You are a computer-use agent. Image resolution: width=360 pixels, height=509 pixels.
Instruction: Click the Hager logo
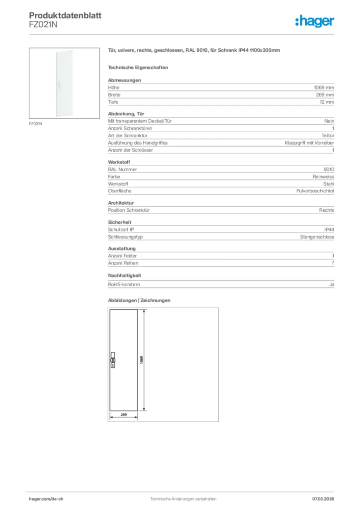[315, 21]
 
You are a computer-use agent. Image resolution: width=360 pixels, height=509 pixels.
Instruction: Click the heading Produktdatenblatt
[65, 16]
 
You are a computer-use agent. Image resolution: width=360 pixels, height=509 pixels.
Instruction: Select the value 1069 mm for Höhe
[324, 87]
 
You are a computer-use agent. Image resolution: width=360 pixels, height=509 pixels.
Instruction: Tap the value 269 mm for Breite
[325, 94]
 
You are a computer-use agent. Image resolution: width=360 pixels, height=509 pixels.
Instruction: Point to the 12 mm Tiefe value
[327, 102]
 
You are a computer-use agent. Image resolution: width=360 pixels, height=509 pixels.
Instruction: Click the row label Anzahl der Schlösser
[130, 150]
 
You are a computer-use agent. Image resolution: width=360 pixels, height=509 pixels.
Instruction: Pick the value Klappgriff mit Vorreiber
[309, 143]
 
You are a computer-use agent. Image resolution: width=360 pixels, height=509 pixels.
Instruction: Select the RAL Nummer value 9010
[329, 169]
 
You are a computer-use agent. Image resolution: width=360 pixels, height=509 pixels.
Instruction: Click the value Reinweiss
[323, 176]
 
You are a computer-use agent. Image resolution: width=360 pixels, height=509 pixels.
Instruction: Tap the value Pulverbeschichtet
[315, 191]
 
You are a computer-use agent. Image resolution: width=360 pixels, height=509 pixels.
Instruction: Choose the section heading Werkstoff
[118, 162]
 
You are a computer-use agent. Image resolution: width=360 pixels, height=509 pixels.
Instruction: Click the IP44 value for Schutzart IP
[329, 230]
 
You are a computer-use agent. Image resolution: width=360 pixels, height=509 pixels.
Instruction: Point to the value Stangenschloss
[317, 237]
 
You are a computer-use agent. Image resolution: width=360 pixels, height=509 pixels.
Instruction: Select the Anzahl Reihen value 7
[333, 263]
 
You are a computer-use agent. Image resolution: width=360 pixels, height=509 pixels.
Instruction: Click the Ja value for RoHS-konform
[331, 284]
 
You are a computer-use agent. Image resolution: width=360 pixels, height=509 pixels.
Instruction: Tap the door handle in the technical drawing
[112, 361]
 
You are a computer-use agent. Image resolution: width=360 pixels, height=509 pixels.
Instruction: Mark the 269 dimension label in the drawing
[124, 414]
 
